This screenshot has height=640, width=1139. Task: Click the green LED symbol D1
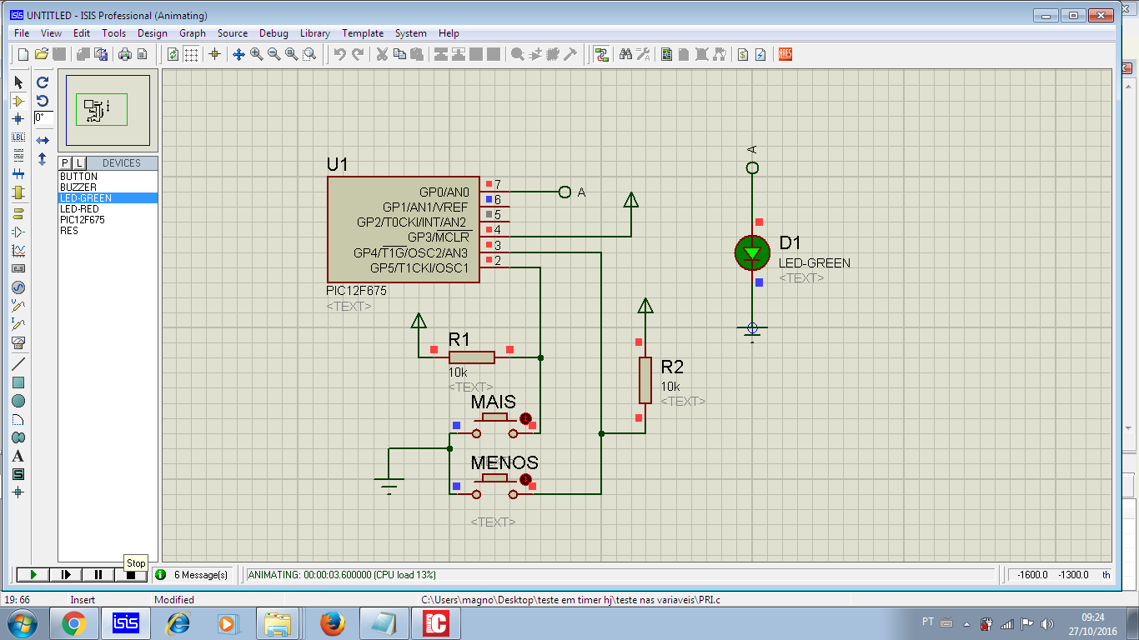[x=752, y=252]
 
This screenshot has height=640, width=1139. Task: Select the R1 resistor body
[x=471, y=357]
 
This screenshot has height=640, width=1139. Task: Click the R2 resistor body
[x=645, y=380]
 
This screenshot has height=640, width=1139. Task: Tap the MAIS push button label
[x=494, y=402]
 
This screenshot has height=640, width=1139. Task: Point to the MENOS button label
[x=504, y=462]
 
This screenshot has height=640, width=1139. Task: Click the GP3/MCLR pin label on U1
[x=439, y=237]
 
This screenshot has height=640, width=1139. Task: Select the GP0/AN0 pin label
[x=444, y=192]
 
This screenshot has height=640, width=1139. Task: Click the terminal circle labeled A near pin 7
[x=564, y=192]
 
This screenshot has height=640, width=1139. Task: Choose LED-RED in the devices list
[x=79, y=209]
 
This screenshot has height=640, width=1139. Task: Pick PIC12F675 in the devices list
[x=83, y=220]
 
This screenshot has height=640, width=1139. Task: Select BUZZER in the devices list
[x=78, y=187]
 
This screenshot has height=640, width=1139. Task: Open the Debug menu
[x=273, y=33]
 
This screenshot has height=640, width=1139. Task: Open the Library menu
[x=314, y=33]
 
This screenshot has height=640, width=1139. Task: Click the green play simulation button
[x=33, y=574]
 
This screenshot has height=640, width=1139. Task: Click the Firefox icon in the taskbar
[x=332, y=623]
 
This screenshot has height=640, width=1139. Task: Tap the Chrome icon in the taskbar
[x=73, y=623]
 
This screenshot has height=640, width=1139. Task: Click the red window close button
[x=1101, y=16]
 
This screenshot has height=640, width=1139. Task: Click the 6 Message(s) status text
[x=201, y=575]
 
